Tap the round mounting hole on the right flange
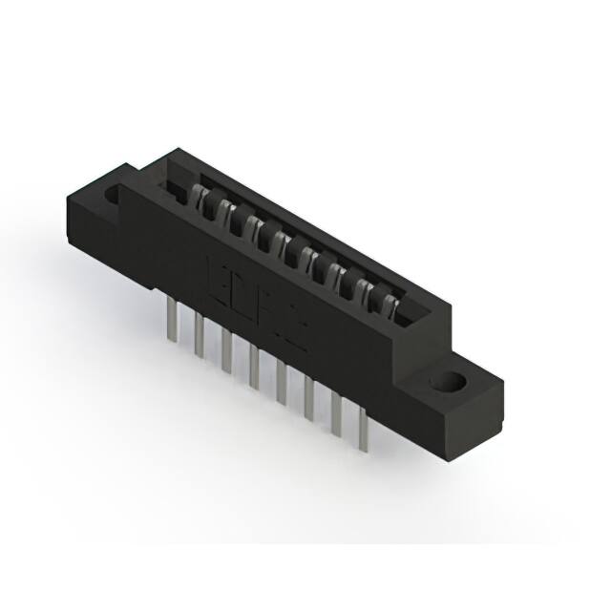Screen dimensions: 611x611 click(x=447, y=382)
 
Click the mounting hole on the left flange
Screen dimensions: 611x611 click(x=113, y=195)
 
